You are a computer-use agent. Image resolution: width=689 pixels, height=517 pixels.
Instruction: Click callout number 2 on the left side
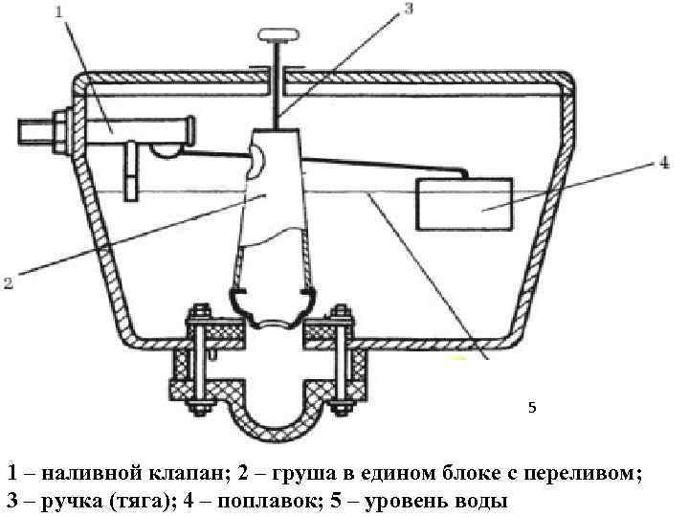pyautogui.click(x=8, y=282)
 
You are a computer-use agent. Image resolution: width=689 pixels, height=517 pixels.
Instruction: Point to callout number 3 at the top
pyautogui.click(x=408, y=10)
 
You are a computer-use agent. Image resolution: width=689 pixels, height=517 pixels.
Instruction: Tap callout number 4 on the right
pyautogui.click(x=663, y=164)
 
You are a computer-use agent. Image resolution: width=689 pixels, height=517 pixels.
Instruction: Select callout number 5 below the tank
pyautogui.click(x=533, y=408)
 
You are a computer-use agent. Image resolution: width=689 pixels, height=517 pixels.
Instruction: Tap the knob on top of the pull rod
pyautogui.click(x=278, y=36)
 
